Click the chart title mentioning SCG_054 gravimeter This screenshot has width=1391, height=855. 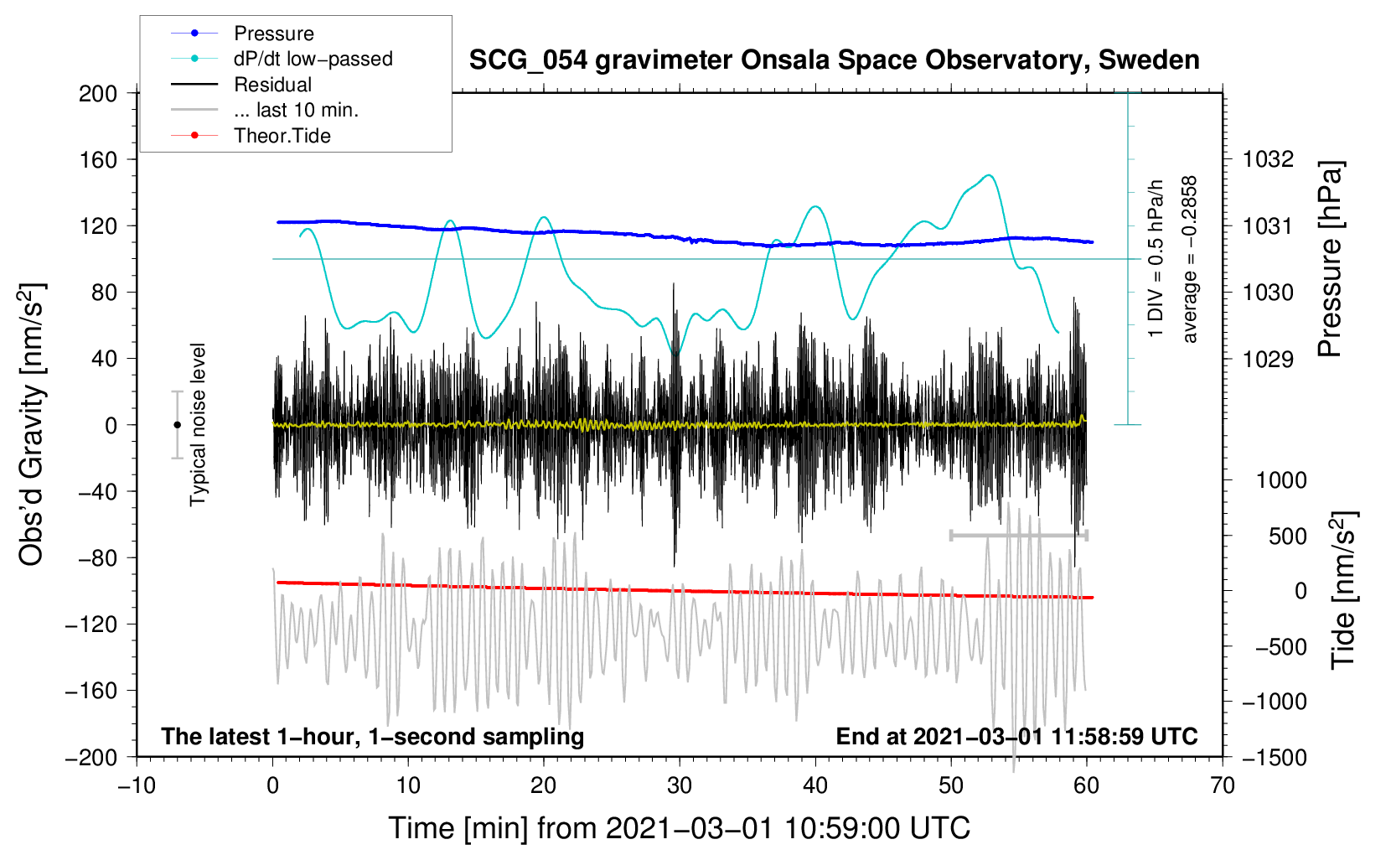(x=834, y=60)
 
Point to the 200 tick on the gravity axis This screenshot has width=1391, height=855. (x=98, y=94)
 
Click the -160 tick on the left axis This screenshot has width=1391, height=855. (x=91, y=691)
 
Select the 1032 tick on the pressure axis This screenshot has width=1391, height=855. (x=1268, y=160)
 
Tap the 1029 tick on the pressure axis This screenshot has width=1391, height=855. (x=1268, y=359)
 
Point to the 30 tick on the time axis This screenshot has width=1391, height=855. (x=680, y=786)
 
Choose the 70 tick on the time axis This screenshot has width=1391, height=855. (x=1222, y=786)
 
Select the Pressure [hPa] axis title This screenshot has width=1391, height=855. (x=1330, y=259)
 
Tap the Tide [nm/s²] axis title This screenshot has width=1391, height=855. (x=1344, y=591)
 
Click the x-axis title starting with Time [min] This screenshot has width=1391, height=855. (x=680, y=829)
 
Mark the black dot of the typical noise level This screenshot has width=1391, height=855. (x=177, y=425)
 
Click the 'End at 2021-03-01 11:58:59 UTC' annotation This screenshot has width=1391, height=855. (x=1016, y=737)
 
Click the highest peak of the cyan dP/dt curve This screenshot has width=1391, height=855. (x=990, y=175)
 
